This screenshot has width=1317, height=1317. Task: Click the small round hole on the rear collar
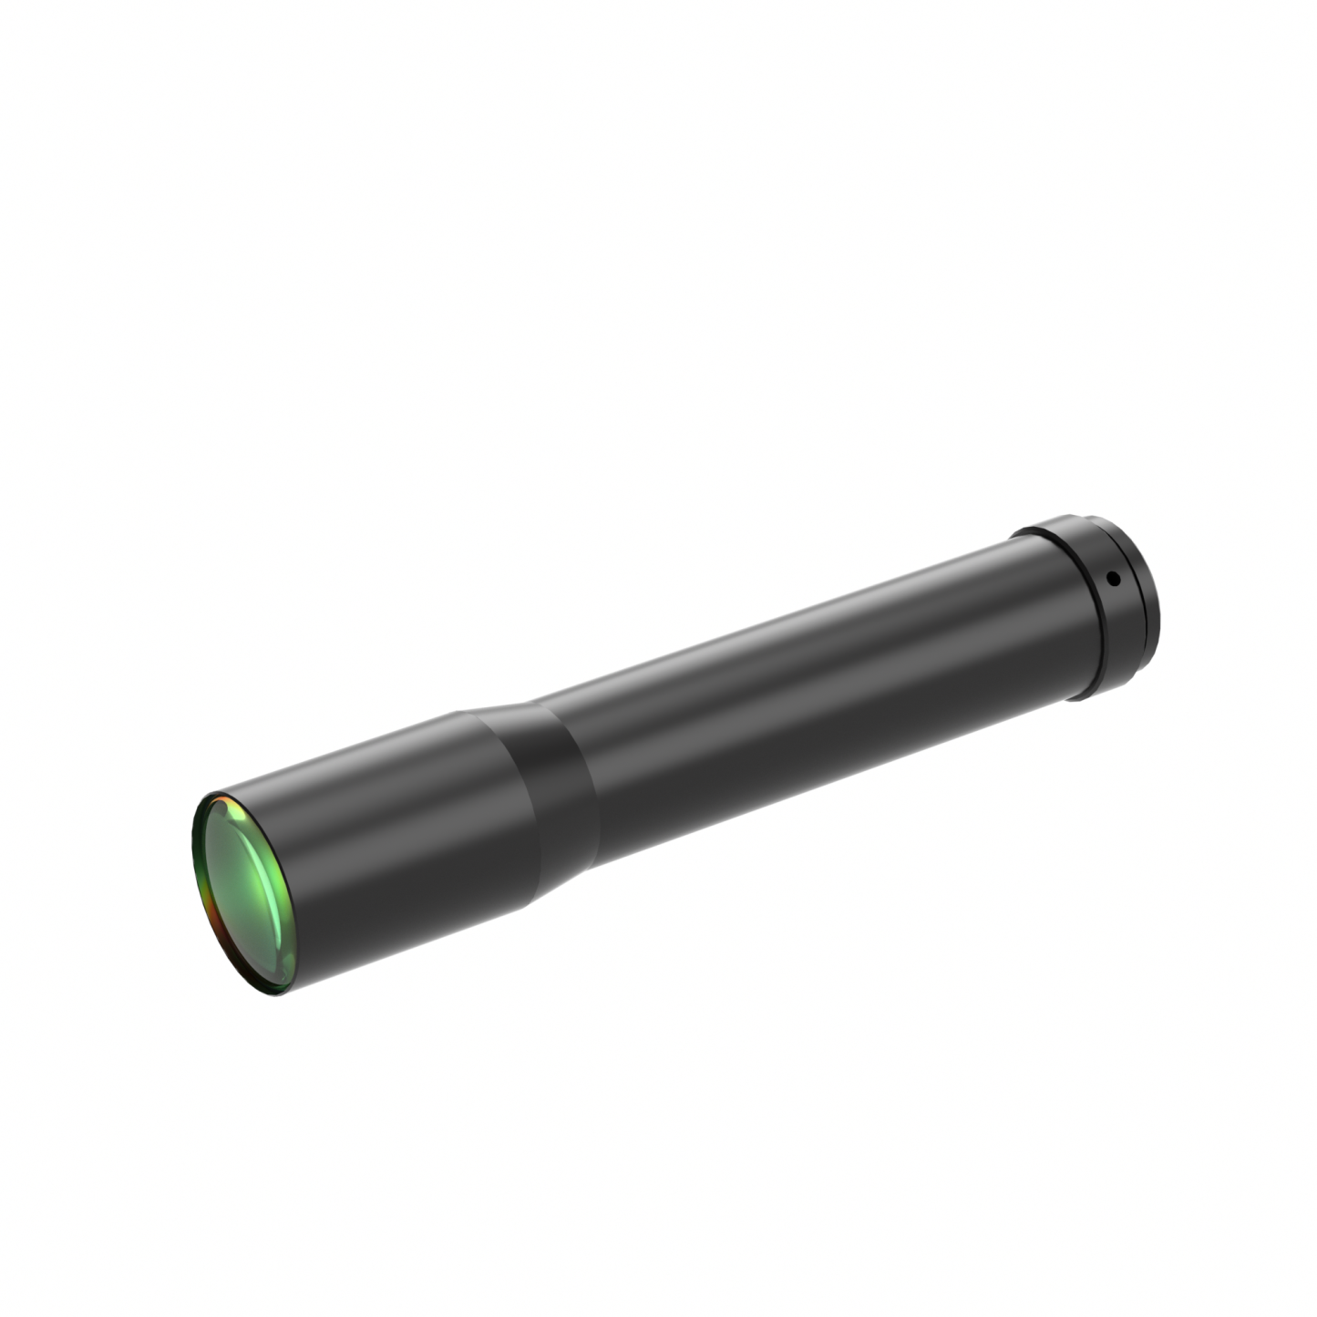pos(1111,578)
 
